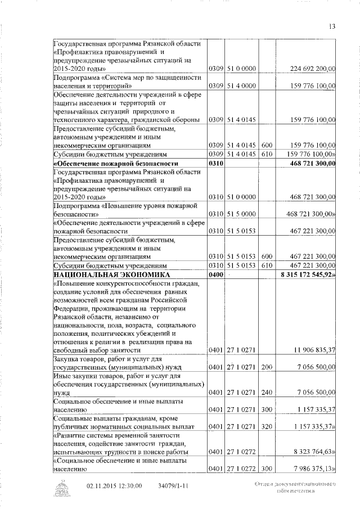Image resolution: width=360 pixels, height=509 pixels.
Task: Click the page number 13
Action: pos(332,27)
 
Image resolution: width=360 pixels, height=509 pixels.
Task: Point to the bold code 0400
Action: pos(216,275)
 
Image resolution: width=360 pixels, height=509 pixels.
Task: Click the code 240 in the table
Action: pos(267,393)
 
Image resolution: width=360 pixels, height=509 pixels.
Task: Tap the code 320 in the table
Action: pos(267,427)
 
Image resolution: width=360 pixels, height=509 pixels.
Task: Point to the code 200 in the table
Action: pos(267,368)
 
